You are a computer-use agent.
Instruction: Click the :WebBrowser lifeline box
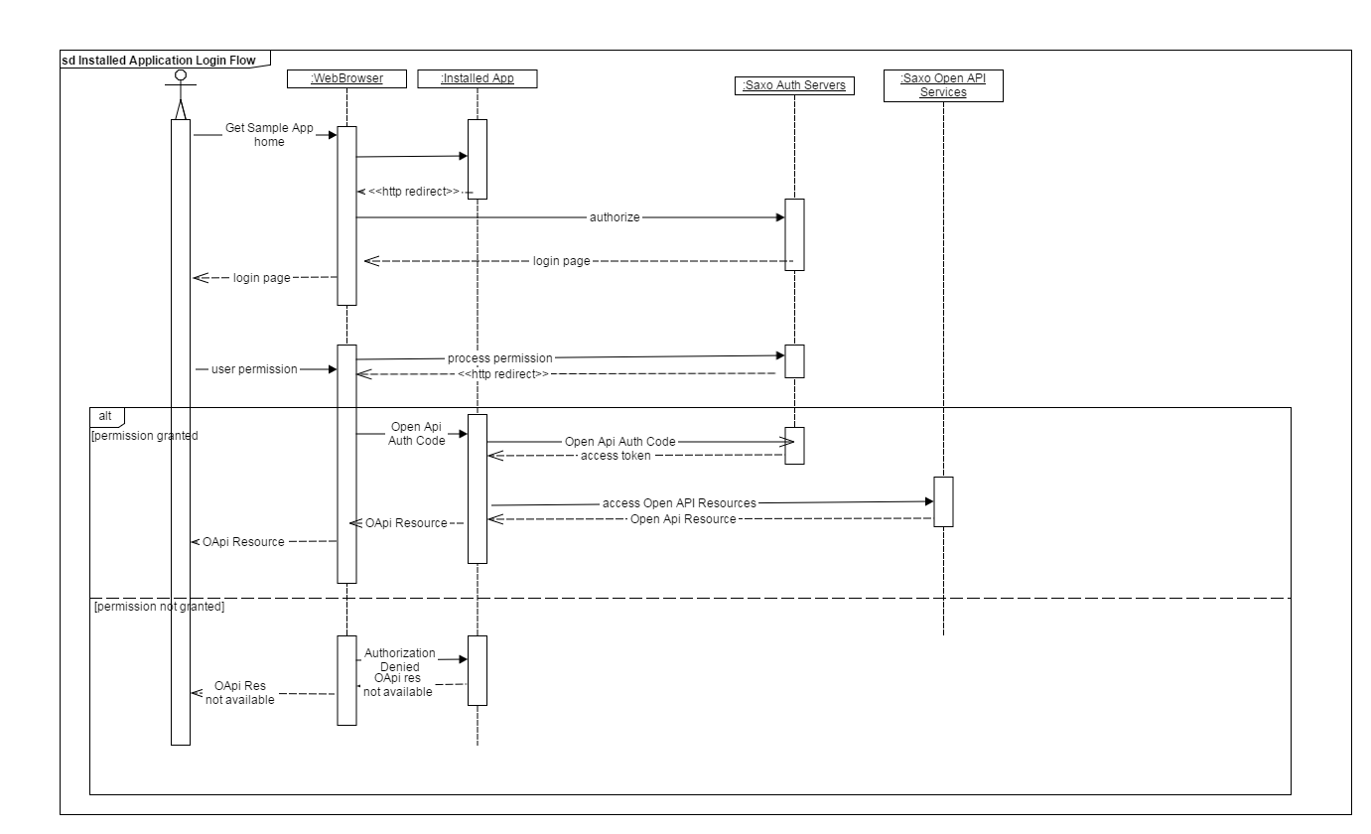pyautogui.click(x=346, y=78)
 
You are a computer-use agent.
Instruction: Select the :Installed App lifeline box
pyautogui.click(x=478, y=78)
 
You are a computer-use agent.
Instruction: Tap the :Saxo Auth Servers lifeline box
pyautogui.click(x=794, y=86)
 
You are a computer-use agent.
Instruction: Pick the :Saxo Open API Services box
pyautogui.click(x=942, y=85)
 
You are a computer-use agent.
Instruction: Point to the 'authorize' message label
pyautogui.click(x=614, y=215)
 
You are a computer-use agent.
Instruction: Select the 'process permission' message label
pyautogui.click(x=499, y=357)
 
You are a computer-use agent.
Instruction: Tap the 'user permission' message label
pyautogui.click(x=254, y=369)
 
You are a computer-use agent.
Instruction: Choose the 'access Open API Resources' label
pyautogui.click(x=679, y=503)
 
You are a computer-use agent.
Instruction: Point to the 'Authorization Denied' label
pyautogui.click(x=399, y=659)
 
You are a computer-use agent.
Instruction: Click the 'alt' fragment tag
pyautogui.click(x=105, y=415)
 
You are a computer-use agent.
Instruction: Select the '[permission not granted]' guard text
pyautogui.click(x=159, y=607)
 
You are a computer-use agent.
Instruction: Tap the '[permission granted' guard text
pyautogui.click(x=144, y=435)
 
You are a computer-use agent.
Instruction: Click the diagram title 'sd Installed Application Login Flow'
pyautogui.click(x=158, y=60)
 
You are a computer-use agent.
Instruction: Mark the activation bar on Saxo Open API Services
pyautogui.click(x=943, y=501)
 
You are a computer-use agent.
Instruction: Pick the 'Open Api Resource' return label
pyautogui.click(x=683, y=519)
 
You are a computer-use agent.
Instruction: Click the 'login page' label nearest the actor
pyautogui.click(x=261, y=278)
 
